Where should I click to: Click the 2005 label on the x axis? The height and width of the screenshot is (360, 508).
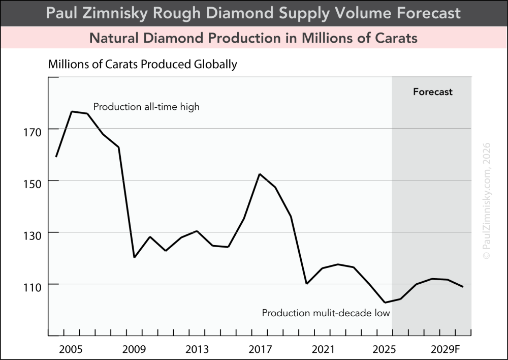point(71,350)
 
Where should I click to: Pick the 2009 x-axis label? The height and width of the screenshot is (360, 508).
point(134,350)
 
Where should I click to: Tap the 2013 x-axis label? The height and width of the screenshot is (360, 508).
point(197,350)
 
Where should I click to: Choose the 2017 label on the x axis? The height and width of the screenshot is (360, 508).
point(260,350)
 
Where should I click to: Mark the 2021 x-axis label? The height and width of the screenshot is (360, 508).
point(323,350)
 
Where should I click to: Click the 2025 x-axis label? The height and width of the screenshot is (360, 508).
point(386,350)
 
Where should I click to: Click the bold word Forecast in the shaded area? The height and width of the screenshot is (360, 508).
point(432,92)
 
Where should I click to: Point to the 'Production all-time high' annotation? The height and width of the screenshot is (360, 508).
point(146,107)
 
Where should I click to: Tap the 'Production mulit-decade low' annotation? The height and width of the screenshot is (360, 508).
point(326,313)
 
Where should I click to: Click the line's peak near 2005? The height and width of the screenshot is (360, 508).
point(72,111)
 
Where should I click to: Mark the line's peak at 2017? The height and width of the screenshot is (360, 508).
point(260,174)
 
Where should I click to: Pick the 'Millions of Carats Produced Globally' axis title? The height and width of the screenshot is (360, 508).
point(143,65)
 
